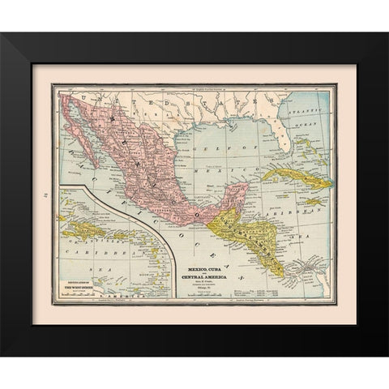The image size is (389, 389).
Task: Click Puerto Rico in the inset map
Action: (122, 236)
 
